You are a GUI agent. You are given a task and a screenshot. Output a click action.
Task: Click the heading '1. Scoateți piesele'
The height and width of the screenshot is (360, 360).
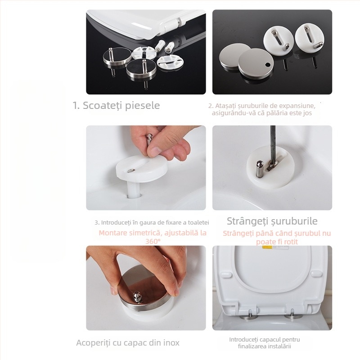[116, 106]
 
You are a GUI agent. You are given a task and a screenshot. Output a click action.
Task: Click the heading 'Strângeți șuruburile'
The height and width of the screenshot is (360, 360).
[272, 221]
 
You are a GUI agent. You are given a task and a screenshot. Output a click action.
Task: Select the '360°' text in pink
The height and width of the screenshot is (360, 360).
[153, 241]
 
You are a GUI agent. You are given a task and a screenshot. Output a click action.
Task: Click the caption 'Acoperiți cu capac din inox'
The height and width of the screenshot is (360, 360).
[127, 343]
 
